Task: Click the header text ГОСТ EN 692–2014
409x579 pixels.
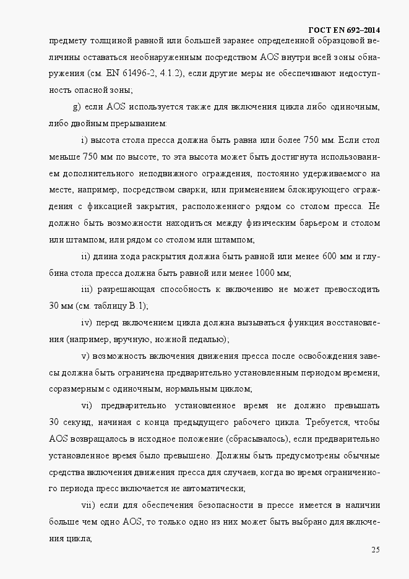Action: point(343,30)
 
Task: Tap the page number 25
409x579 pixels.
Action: point(376,550)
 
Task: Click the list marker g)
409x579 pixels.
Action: point(77,107)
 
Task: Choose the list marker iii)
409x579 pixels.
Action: point(87,289)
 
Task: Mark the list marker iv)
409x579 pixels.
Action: point(87,322)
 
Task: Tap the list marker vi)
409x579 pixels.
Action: point(87,406)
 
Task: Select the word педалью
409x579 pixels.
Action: point(205,339)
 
